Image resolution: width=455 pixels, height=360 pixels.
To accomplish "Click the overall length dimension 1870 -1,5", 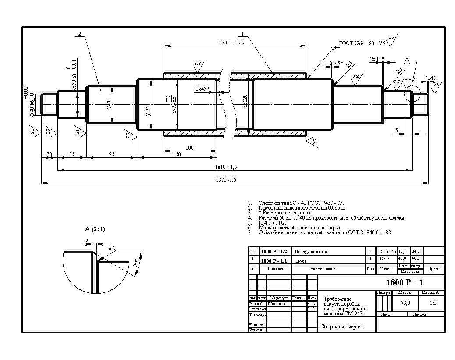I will pyautogui.click(x=226, y=179).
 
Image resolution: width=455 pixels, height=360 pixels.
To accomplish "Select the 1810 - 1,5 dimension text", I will pyautogui.click(x=227, y=167).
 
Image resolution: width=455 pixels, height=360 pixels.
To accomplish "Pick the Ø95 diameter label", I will pyautogui.click(x=148, y=110).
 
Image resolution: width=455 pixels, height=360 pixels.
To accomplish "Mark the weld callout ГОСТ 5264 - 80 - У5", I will pyautogui.click(x=362, y=44).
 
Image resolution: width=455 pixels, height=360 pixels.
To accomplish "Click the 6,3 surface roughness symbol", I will pyautogui.click(x=198, y=64).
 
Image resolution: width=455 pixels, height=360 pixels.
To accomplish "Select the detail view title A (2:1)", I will pyautogui.click(x=95, y=229).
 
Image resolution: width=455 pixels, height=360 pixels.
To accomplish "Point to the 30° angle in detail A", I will pyautogui.click(x=136, y=263).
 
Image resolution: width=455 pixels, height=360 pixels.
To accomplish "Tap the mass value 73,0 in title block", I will pyautogui.click(x=405, y=303).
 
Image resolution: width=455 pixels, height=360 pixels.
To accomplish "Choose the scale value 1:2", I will pyautogui.click(x=433, y=303).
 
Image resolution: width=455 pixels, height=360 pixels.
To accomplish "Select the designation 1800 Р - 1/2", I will pyautogui.click(x=274, y=252).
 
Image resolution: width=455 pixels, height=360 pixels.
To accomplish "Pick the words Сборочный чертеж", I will pyautogui.click(x=342, y=327).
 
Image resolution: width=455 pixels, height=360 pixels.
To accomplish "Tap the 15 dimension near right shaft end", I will pyautogui.click(x=395, y=130).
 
